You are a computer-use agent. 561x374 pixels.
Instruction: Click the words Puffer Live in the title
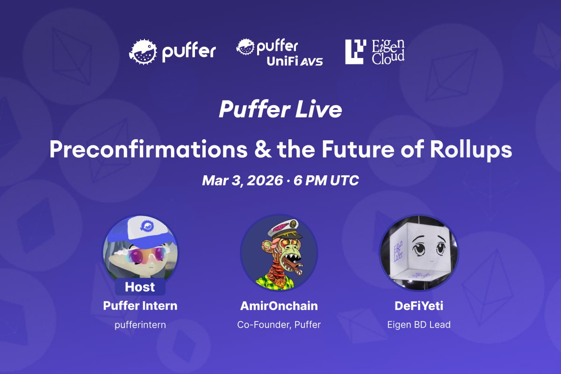(280, 110)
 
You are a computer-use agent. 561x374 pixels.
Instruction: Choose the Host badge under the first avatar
(140, 287)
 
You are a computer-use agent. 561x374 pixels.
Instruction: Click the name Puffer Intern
(140, 306)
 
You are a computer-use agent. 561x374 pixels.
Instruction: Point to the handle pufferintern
(140, 324)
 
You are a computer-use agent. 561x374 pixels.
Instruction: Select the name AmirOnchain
(279, 306)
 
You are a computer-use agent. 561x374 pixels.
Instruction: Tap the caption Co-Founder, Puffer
(279, 324)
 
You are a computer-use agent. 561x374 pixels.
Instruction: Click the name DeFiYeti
(419, 306)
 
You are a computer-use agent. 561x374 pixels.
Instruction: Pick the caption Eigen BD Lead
(419, 324)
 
